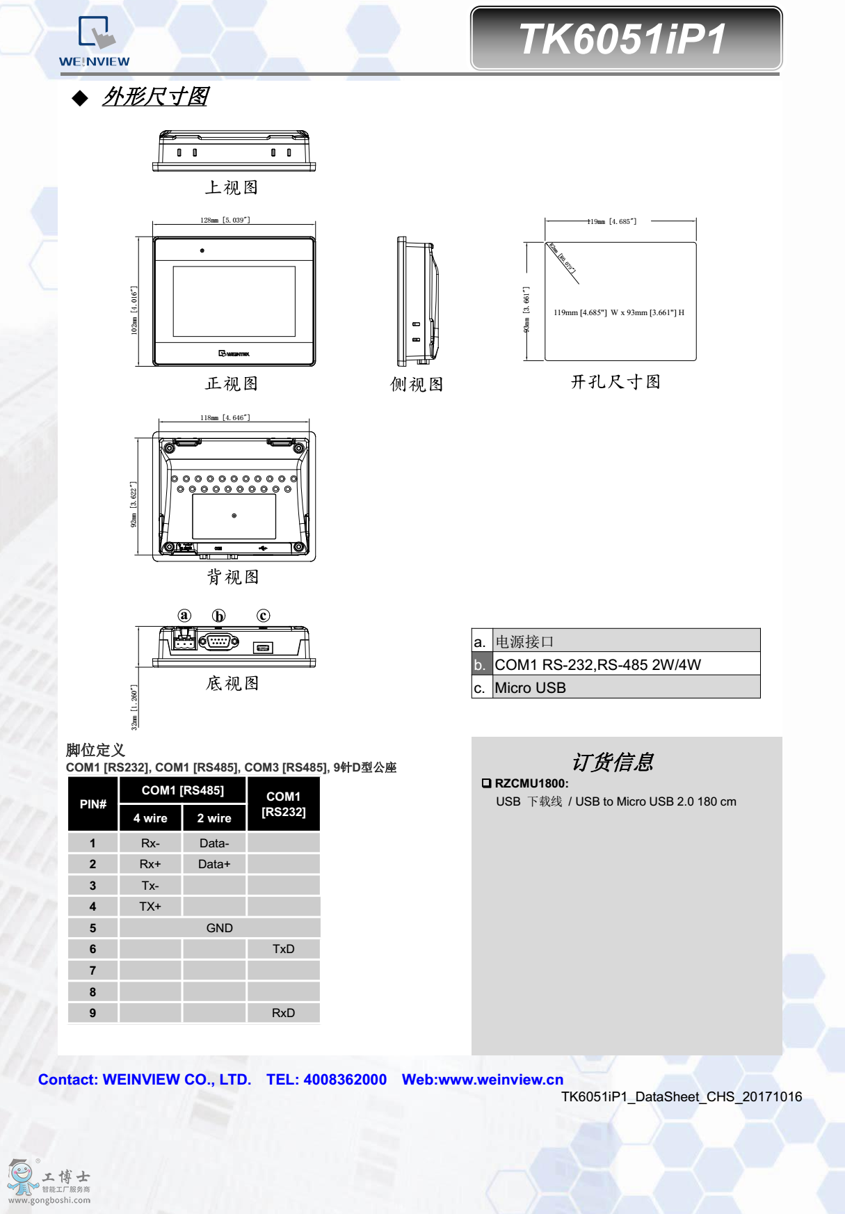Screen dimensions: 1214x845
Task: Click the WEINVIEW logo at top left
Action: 94,42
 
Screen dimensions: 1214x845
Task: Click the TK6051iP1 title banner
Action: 625,39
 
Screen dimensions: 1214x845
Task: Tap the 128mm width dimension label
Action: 225,220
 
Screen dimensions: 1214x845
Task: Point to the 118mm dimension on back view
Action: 225,417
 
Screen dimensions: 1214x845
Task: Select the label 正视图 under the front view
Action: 232,383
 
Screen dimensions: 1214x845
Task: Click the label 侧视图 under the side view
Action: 417,384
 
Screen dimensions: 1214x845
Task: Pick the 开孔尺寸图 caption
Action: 615,382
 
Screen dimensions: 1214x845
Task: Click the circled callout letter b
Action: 219,616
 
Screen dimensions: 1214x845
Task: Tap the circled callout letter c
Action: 263,616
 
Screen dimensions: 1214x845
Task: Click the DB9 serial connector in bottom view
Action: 219,641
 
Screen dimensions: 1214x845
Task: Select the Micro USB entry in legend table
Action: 531,687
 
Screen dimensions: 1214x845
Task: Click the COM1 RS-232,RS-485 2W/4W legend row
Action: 597,664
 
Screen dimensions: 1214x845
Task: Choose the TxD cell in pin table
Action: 283,949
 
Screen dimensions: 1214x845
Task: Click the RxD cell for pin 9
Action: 283,1013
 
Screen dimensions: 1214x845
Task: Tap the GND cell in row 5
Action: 219,928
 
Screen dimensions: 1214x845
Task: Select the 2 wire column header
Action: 214,818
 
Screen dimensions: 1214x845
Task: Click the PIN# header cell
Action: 93,804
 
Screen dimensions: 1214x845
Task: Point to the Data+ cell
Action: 214,864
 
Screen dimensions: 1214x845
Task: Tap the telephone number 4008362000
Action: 345,1080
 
